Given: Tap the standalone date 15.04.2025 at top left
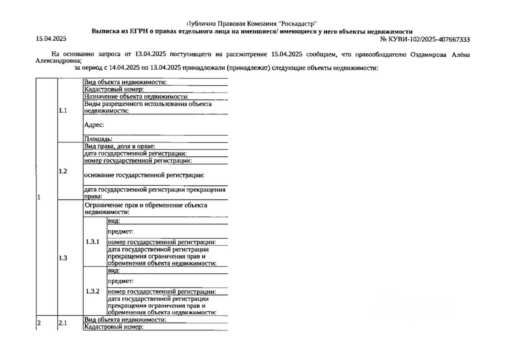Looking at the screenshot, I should click(51, 39).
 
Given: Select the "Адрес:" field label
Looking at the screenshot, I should click(94, 125).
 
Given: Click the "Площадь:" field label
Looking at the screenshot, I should click(98, 139).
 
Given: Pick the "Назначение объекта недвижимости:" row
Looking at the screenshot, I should click(136, 96).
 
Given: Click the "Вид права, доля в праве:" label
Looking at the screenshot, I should click(122, 146).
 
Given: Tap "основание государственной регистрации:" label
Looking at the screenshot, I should click(147, 175).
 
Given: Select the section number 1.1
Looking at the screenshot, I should click(63, 111).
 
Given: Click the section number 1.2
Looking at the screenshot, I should click(63, 171).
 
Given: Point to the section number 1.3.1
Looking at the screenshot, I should click(93, 241).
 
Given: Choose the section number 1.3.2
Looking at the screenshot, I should click(93, 291).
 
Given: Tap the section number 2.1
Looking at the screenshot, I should click(63, 323).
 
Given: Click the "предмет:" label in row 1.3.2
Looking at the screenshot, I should click(120, 281).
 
